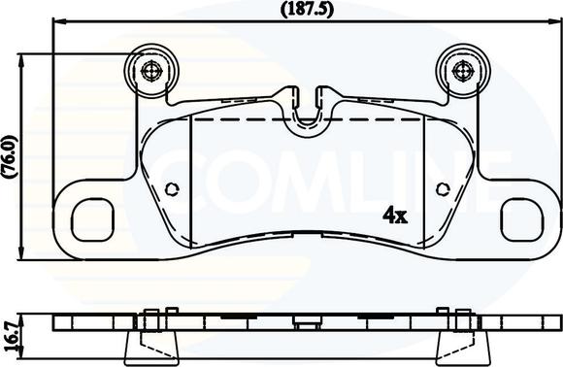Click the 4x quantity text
pos(394,214)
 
